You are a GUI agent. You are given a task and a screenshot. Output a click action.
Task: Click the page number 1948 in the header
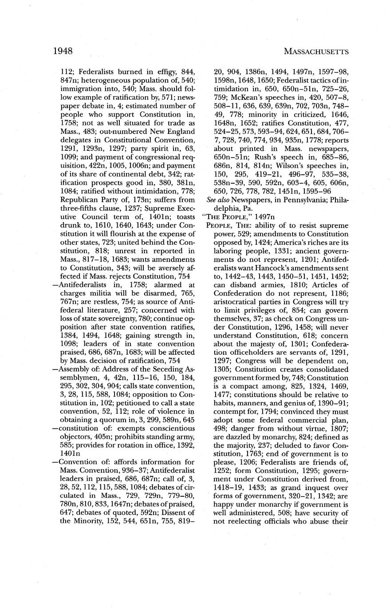(x=63, y=51)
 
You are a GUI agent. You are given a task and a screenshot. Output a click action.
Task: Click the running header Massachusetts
(x=316, y=51)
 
